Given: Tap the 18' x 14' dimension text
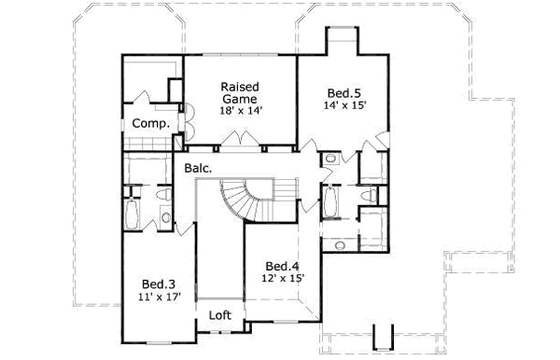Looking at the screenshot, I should tap(240, 110).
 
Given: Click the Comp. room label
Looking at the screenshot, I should tap(149, 123).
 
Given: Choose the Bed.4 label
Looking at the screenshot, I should tap(280, 264).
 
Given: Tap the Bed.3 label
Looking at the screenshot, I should tap(155, 284).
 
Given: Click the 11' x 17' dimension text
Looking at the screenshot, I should tap(155, 298).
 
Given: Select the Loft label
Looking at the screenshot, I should tap(219, 314).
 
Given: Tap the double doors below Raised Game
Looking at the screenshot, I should tap(241, 141).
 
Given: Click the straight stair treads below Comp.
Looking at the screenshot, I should tap(148, 142).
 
